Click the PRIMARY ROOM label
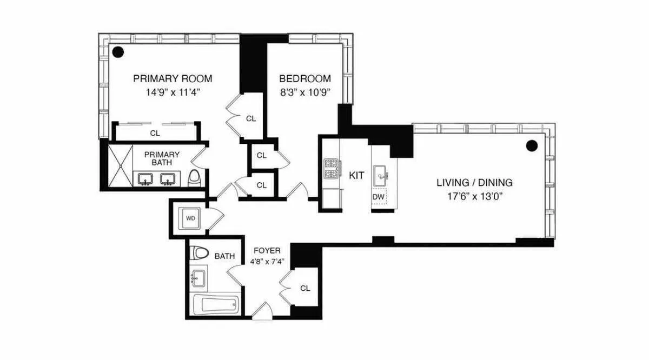[x=173, y=78]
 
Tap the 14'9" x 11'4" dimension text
[x=173, y=91]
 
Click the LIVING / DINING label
[x=474, y=183]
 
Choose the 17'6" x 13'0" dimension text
[x=474, y=196]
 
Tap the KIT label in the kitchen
[x=356, y=175]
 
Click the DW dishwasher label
[x=379, y=197]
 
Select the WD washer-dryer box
[x=190, y=219]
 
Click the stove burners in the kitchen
[x=330, y=168]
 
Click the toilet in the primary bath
[x=195, y=177]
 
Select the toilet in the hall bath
[x=202, y=254]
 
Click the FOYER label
[x=267, y=251]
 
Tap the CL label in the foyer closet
[x=305, y=288]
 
